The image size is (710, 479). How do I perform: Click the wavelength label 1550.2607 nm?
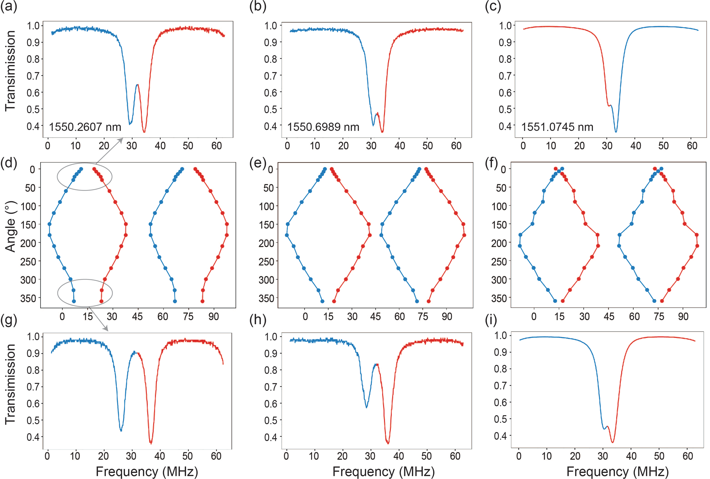85,127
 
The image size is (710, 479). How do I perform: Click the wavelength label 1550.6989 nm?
323,127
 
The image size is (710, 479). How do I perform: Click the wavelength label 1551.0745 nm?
557,127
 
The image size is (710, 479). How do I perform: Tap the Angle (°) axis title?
10,226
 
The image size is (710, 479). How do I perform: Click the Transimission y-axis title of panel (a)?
10,71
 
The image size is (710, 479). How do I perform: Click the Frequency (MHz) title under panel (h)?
383,471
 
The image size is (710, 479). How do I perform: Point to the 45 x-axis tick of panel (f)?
609,316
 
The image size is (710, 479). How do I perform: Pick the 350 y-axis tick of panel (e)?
267,298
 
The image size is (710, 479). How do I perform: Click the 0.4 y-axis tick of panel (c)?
505,126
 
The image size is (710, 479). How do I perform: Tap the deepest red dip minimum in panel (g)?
151,443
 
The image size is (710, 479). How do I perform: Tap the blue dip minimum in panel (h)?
367,407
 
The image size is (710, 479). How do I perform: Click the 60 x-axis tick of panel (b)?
456,146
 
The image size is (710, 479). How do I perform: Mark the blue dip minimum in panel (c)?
616,132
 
